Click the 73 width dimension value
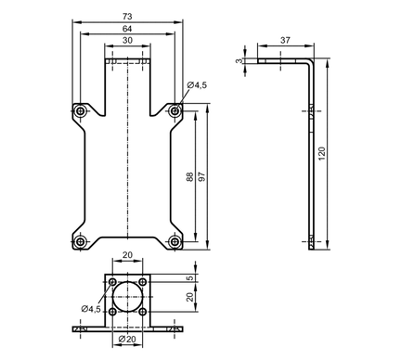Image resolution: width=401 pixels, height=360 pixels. (127, 16)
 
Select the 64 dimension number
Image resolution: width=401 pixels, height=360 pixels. (127, 29)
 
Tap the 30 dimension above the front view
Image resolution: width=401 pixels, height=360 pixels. (127, 40)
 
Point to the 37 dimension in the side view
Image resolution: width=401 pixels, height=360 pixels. (285, 40)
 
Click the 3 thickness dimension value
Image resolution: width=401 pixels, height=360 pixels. (239, 61)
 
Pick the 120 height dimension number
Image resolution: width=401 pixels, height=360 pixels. (322, 153)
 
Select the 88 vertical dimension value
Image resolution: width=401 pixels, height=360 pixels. (190, 176)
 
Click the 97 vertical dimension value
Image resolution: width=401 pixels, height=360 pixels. (201, 176)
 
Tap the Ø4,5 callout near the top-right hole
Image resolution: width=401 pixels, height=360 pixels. (197, 85)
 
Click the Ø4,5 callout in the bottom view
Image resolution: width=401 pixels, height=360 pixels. (91, 309)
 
